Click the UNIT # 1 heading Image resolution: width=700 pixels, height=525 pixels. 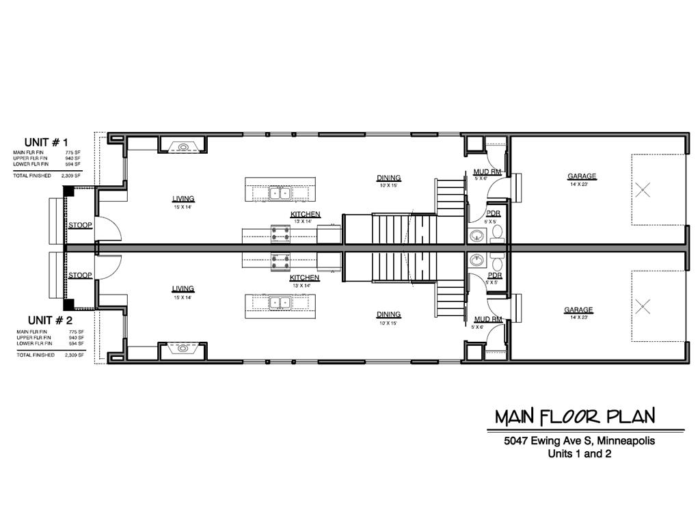point(46,142)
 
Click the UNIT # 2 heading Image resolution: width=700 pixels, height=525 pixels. point(49,320)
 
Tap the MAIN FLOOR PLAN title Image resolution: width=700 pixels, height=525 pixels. point(574,416)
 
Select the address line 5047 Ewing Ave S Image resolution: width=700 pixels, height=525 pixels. point(579,441)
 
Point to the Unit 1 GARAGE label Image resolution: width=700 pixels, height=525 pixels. point(582,176)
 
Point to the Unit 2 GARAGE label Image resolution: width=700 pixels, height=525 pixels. point(578,310)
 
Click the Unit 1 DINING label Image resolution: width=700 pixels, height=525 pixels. point(388,178)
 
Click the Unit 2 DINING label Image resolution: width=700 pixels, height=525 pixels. point(388,314)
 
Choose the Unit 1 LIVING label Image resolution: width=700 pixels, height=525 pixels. point(183,199)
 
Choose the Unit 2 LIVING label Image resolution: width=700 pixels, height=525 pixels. point(183,289)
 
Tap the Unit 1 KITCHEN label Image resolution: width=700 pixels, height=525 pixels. point(305,215)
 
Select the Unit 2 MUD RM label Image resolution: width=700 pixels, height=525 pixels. point(488,319)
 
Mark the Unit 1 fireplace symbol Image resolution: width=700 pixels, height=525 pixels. point(183,146)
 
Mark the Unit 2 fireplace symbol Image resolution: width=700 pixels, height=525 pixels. point(183,349)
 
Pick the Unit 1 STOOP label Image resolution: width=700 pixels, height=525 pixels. point(80,225)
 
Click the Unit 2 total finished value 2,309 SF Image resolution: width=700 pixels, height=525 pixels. point(74,355)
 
